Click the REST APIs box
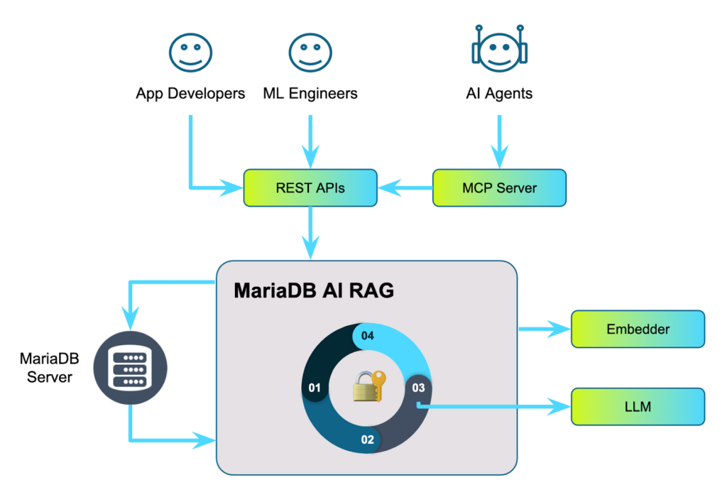click(x=310, y=188)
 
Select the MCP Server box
click(x=499, y=188)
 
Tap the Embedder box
click(x=638, y=329)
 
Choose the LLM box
click(x=638, y=407)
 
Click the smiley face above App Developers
click(x=190, y=52)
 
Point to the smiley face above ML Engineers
click(x=310, y=52)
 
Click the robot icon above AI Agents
click(x=499, y=50)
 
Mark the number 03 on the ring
click(x=418, y=388)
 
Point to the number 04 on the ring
click(x=367, y=336)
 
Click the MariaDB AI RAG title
click(x=313, y=291)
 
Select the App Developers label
click(x=190, y=93)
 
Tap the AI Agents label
click(x=499, y=93)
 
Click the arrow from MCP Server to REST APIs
click(x=405, y=188)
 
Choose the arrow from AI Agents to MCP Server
click(x=499, y=135)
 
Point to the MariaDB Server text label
click(x=49, y=366)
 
